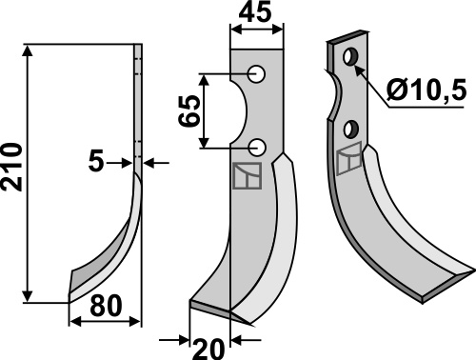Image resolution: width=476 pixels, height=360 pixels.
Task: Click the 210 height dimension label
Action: tap(12, 168)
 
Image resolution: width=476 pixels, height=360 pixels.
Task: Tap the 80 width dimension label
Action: tap(106, 306)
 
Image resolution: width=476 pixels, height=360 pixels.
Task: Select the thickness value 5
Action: tap(96, 162)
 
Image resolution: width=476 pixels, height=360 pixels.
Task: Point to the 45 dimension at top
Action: tap(256, 13)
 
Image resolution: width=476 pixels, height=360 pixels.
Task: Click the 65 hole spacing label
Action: tap(189, 111)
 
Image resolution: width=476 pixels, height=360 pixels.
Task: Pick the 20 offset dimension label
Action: tap(208, 350)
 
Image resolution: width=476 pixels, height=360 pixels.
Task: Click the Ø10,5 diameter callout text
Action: tap(426, 90)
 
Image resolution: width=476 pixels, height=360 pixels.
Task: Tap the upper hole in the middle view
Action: tap(256, 74)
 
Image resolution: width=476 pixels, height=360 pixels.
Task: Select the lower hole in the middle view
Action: tap(257, 148)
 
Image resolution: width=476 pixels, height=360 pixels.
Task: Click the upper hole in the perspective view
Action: tap(350, 57)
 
